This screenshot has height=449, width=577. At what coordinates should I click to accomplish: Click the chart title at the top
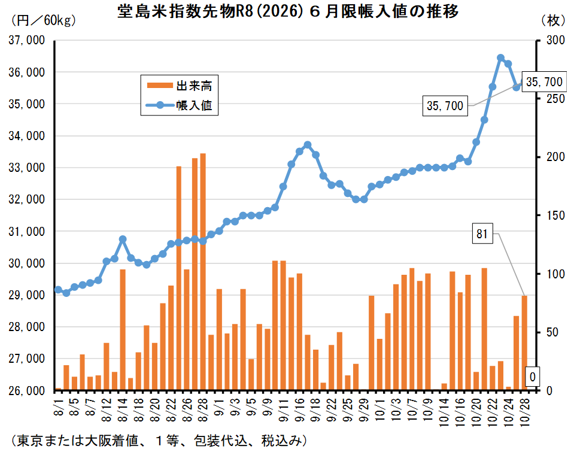[x=288, y=12]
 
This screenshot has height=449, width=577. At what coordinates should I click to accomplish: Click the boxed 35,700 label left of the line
[x=445, y=106]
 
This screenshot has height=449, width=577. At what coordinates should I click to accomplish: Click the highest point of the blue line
[x=500, y=58]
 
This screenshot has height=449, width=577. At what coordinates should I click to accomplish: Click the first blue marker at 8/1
[x=58, y=290]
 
